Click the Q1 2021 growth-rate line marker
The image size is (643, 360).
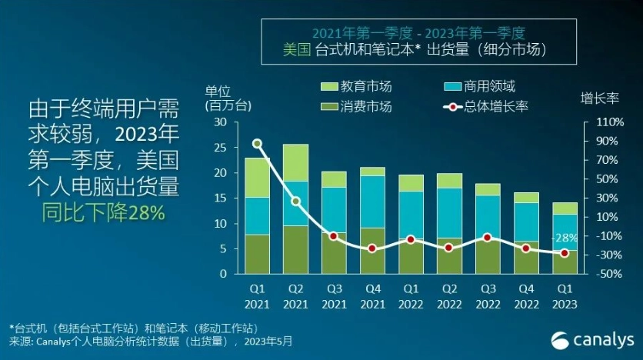(x=257, y=143)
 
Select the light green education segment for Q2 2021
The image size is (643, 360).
(x=295, y=162)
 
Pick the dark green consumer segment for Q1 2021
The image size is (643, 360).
(x=257, y=254)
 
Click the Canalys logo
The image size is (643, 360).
(x=591, y=338)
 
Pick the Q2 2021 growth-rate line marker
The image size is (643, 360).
(x=295, y=201)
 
